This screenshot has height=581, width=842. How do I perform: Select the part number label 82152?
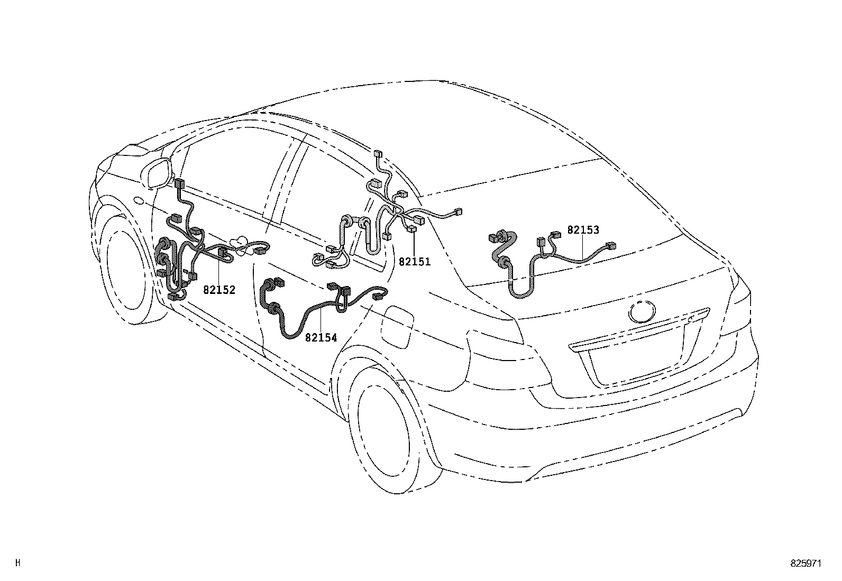point(219,290)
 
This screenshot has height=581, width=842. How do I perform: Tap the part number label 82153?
point(583,230)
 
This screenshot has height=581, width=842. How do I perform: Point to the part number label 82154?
point(321,337)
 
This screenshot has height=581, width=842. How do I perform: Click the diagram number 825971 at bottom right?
point(807,564)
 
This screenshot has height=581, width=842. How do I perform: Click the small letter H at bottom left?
point(19,562)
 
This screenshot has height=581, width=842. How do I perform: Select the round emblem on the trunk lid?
point(641,312)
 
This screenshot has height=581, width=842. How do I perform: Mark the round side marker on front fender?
point(139,200)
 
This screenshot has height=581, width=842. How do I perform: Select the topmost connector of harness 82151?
point(379,155)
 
